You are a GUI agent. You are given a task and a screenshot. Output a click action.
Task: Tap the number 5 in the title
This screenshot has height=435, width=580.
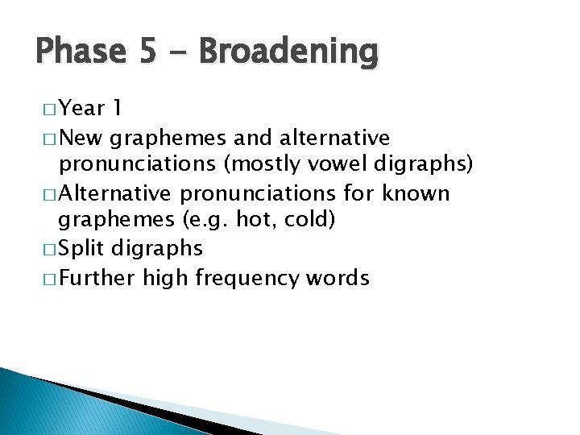point(148,52)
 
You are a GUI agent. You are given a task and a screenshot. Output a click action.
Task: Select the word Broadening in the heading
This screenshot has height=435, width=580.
point(288,52)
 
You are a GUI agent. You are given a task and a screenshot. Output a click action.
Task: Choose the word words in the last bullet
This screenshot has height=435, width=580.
point(336,279)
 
